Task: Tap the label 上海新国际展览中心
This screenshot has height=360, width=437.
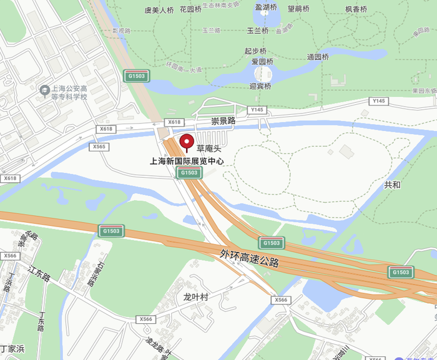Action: pyautogui.click(x=187, y=161)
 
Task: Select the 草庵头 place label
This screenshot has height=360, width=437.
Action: pyautogui.click(x=209, y=148)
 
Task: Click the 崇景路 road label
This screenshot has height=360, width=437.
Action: pyautogui.click(x=223, y=120)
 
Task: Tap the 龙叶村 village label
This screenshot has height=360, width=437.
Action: pyautogui.click(x=195, y=297)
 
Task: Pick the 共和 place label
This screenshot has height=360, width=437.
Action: pyautogui.click(x=393, y=185)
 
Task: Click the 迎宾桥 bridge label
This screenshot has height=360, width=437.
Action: pyautogui.click(x=260, y=87)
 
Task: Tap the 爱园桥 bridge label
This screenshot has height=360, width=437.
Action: pyautogui.click(x=262, y=62)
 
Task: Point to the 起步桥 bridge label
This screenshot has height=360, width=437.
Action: pyautogui.click(x=255, y=51)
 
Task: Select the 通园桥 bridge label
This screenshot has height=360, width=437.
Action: pyautogui.click(x=318, y=57)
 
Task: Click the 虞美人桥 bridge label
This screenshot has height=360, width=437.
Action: pyautogui.click(x=159, y=10)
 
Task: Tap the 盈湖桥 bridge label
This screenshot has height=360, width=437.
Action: pyautogui.click(x=266, y=7)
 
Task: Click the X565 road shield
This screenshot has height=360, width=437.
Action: pyautogui.click(x=99, y=147)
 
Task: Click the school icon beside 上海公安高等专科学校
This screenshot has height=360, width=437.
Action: pyautogui.click(x=44, y=91)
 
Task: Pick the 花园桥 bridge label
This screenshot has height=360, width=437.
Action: pyautogui.click(x=190, y=9)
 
